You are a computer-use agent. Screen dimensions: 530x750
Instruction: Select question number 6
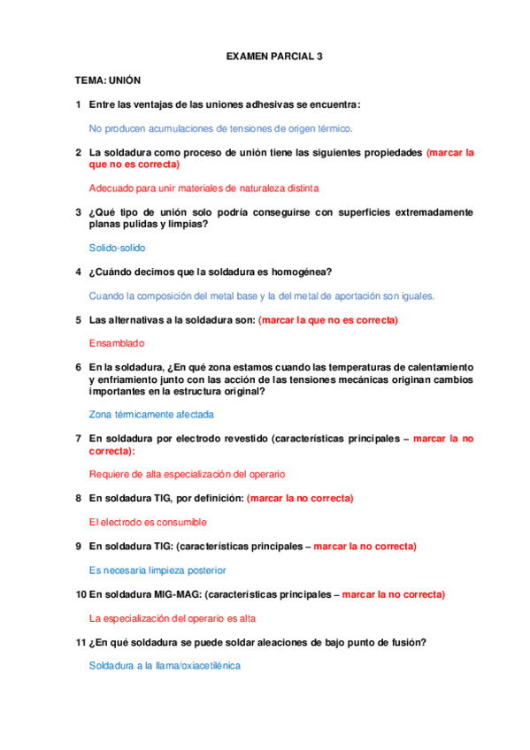tap(79, 366)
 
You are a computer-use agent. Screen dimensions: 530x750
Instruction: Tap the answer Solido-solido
tap(118, 249)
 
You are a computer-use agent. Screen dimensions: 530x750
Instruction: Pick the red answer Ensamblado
tap(117, 342)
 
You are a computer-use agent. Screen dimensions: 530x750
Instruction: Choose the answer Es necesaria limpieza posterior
tap(157, 570)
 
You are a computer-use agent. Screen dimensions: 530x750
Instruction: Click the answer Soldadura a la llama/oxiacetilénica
tap(165, 665)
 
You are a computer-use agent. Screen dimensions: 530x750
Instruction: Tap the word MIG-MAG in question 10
tap(177, 594)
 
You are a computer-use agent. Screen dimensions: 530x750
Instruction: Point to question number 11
tap(81, 642)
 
